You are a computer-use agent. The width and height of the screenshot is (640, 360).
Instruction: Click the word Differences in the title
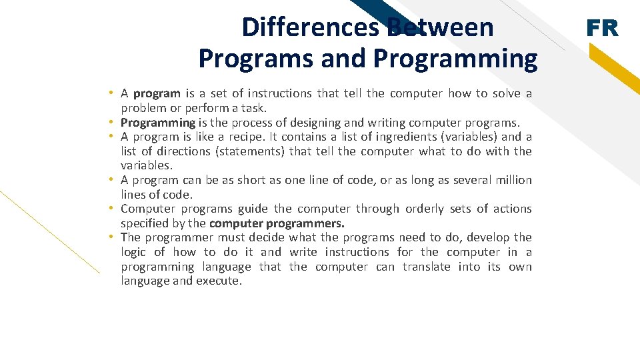(311, 27)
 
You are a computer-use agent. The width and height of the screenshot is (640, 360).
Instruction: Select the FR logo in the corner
(602, 28)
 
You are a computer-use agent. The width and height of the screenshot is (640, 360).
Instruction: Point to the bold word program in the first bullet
(157, 93)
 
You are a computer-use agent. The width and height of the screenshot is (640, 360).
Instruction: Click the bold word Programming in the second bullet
(158, 123)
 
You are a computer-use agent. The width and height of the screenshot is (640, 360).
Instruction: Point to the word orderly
(424, 209)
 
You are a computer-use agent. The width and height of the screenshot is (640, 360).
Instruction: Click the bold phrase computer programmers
(277, 223)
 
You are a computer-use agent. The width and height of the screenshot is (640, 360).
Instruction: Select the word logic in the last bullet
(133, 252)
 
